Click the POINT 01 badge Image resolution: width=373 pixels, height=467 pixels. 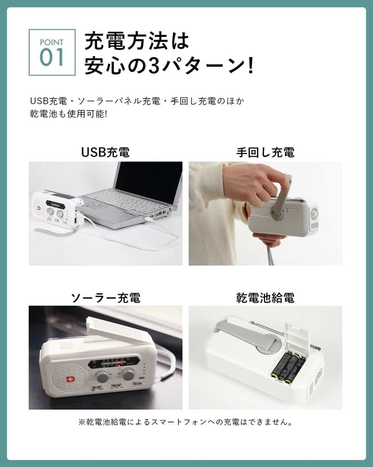click(52, 52)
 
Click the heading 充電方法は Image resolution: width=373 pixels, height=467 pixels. click(137, 42)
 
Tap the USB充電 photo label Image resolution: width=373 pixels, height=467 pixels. click(105, 152)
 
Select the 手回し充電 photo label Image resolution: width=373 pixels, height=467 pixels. click(265, 152)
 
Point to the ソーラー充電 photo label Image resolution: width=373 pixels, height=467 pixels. click(105, 297)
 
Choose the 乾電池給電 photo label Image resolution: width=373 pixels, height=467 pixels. click(265, 297)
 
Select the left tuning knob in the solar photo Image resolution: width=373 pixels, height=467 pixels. click(103, 375)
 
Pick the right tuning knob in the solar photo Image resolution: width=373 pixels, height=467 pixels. click(128, 374)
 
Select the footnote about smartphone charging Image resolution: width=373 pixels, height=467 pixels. click(186, 422)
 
